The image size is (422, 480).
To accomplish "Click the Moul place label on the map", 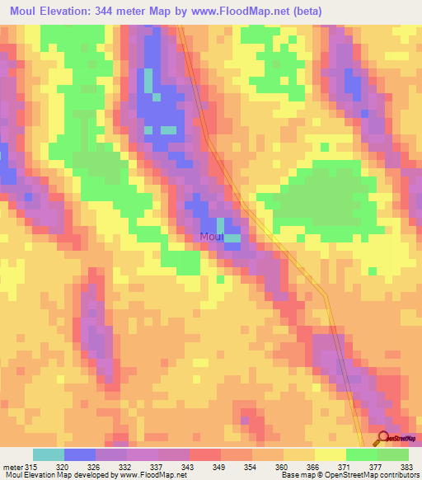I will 212,237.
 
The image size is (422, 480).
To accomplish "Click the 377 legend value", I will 375,467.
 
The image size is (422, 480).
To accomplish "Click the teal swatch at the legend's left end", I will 49,454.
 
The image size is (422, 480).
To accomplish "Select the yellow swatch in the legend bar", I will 330,454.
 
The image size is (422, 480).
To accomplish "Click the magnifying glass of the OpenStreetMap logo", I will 383,439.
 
